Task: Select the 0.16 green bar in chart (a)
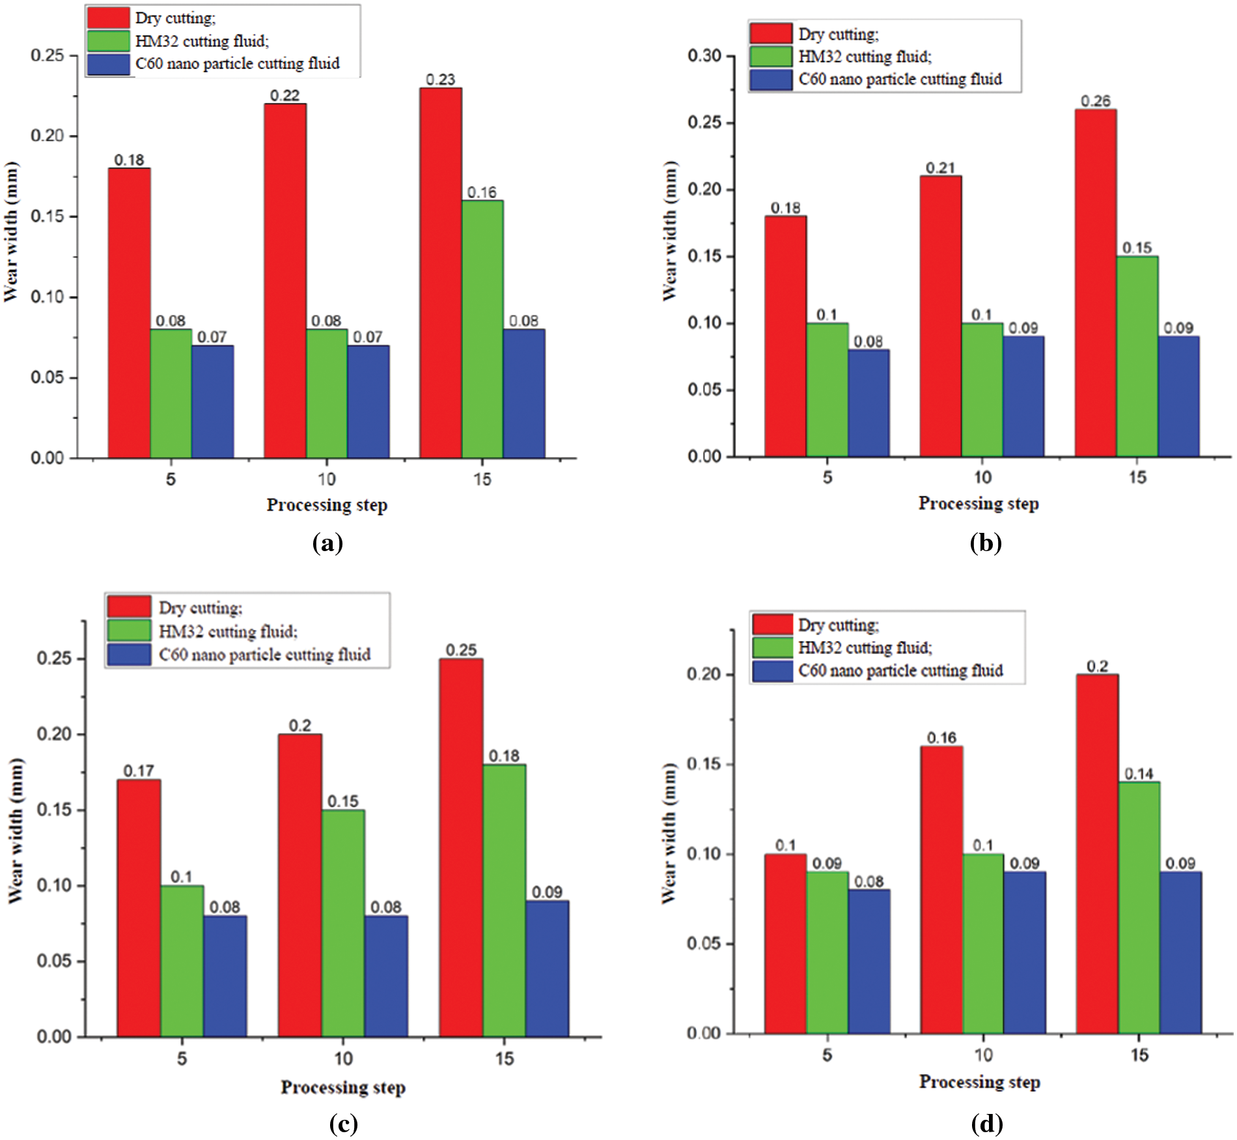click(x=482, y=329)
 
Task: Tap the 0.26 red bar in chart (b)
click(x=1096, y=283)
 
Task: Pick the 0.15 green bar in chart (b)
click(x=1137, y=356)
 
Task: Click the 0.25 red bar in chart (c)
click(x=461, y=847)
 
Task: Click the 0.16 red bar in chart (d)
click(x=941, y=890)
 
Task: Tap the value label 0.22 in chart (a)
click(x=285, y=96)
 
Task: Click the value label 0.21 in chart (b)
click(x=940, y=168)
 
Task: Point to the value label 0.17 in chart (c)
click(x=139, y=771)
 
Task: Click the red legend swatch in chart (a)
click(x=109, y=18)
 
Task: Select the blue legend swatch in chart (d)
click(x=773, y=671)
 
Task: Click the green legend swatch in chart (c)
click(x=129, y=631)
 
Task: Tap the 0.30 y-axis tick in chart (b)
click(x=704, y=56)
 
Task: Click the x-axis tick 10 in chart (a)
click(x=326, y=479)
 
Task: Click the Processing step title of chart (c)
click(x=343, y=1087)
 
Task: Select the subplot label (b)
click(x=986, y=543)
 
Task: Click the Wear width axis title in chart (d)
click(x=669, y=834)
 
